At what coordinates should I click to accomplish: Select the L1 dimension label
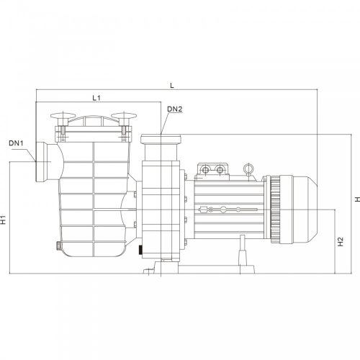tap(96, 97)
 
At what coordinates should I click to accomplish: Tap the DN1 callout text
tap(17, 143)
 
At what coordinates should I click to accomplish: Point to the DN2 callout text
tap(174, 109)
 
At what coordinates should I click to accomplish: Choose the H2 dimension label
tap(340, 242)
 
